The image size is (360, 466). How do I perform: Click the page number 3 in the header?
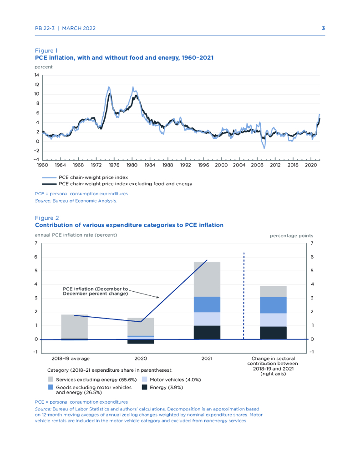click(323, 28)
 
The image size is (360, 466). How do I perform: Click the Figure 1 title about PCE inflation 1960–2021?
click(124, 58)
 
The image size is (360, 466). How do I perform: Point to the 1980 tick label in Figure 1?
click(132, 165)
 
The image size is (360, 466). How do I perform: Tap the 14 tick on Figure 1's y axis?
click(37, 75)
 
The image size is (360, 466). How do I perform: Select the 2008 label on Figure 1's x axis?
click(257, 165)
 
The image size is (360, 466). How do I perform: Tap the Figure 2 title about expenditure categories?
click(129, 225)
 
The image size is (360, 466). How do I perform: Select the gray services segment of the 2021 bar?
click(207, 279)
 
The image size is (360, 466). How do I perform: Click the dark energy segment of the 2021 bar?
click(207, 332)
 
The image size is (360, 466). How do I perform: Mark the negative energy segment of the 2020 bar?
click(141, 341)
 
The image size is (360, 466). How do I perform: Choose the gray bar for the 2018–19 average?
click(74, 326)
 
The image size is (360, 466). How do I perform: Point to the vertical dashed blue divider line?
click(244, 296)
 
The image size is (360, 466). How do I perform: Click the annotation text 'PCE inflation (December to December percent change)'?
click(95, 291)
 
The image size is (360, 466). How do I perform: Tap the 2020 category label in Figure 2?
click(141, 359)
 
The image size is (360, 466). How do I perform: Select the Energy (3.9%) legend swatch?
click(145, 387)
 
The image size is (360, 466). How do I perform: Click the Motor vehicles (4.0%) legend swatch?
click(145, 379)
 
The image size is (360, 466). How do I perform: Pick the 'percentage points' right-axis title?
click(291, 236)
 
